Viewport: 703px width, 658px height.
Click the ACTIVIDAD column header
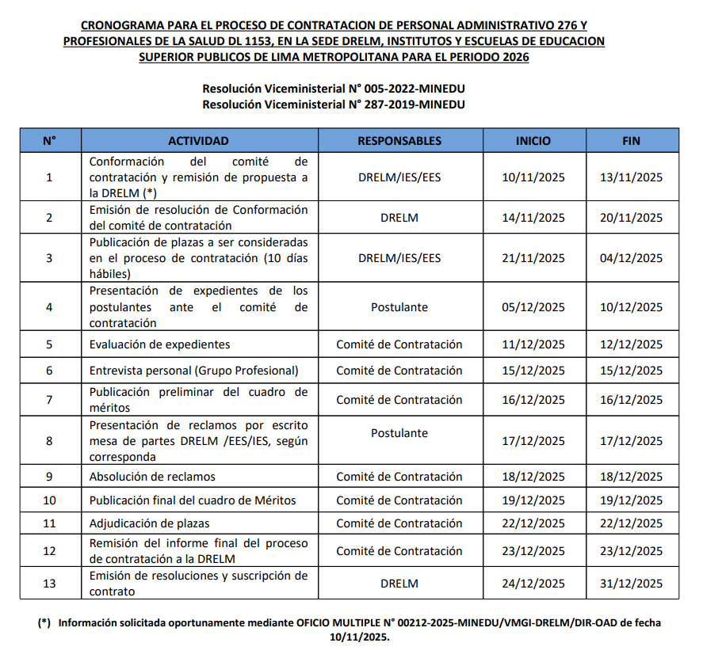click(198, 141)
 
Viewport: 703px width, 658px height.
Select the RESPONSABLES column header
click(399, 141)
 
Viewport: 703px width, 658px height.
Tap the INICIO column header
click(533, 141)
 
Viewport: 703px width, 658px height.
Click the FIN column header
click(632, 141)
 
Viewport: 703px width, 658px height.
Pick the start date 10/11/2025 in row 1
click(533, 177)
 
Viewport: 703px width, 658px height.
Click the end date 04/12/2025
click(632, 258)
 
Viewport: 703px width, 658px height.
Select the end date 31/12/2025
click(632, 584)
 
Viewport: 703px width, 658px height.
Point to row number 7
click(49, 400)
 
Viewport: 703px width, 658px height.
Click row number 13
click(49, 584)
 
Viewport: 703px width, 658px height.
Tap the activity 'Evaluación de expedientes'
click(159, 344)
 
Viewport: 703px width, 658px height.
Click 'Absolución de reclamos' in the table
click(152, 477)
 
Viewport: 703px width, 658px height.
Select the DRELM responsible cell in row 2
click(399, 218)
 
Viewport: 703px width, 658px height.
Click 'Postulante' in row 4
click(399, 307)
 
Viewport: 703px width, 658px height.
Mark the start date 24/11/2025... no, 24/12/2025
click(533, 584)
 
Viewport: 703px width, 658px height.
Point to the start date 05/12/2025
click(533, 307)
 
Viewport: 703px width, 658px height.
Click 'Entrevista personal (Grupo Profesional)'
click(193, 371)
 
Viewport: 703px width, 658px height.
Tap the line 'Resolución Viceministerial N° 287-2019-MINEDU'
click(333, 104)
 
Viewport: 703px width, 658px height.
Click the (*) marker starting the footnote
click(44, 623)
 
